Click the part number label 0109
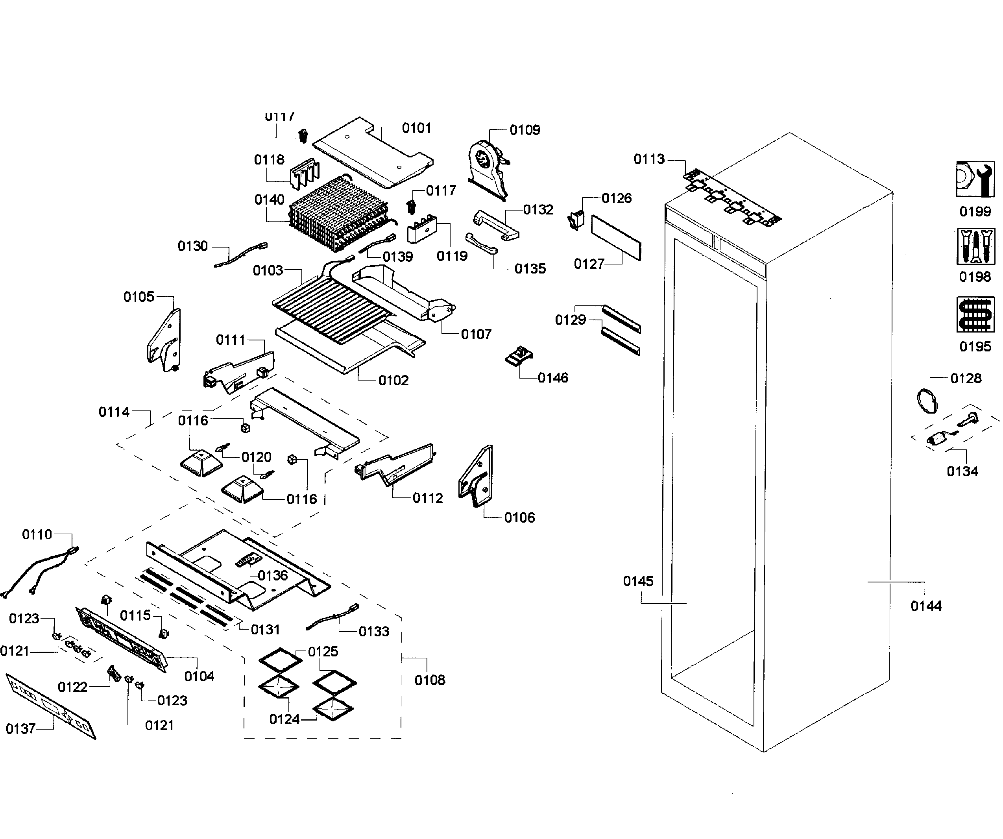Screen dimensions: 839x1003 pos(525,130)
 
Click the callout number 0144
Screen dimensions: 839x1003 pos(925,606)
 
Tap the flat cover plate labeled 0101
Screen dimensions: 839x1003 pos(373,153)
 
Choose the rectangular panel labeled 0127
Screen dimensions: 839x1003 pos(616,237)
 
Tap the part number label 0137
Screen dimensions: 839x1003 pos(20,729)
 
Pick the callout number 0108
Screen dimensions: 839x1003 pos(429,680)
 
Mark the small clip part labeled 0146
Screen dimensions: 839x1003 pos(519,357)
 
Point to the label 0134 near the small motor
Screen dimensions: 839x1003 pos(962,471)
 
